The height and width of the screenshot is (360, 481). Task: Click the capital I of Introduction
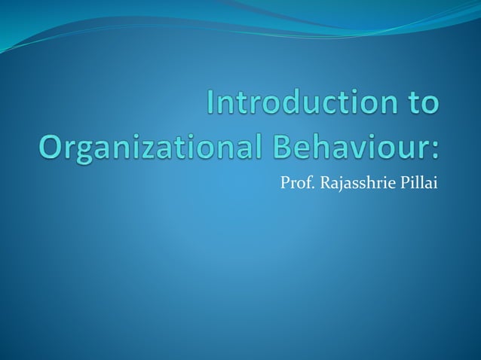tap(211, 105)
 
